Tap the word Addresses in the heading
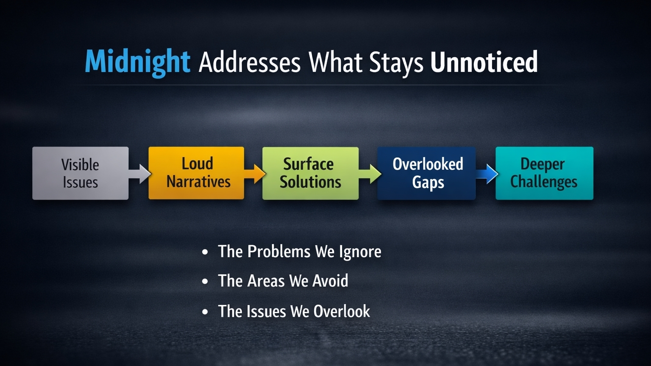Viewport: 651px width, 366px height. [249, 62]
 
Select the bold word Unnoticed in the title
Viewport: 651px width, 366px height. [484, 61]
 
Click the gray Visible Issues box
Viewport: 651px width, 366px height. [81, 173]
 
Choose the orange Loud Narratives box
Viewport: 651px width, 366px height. [197, 173]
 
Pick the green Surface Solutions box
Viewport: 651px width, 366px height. [310, 173]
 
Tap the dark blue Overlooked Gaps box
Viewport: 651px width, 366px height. [426, 173]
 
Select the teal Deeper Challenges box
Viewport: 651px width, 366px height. [544, 173]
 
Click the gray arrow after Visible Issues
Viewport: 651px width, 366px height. [139, 174]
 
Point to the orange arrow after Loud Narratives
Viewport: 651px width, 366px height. [255, 174]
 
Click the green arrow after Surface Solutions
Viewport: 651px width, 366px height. [370, 174]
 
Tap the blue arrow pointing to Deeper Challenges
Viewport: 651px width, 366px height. [487, 174]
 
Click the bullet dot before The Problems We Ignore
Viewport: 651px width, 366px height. [205, 252]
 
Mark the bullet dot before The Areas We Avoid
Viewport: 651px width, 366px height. [205, 281]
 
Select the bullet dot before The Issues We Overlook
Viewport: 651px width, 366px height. [205, 312]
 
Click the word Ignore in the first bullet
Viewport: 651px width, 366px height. [360, 252]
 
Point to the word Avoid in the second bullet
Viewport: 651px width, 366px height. [330, 280]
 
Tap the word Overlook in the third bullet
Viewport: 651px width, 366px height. [342, 311]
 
